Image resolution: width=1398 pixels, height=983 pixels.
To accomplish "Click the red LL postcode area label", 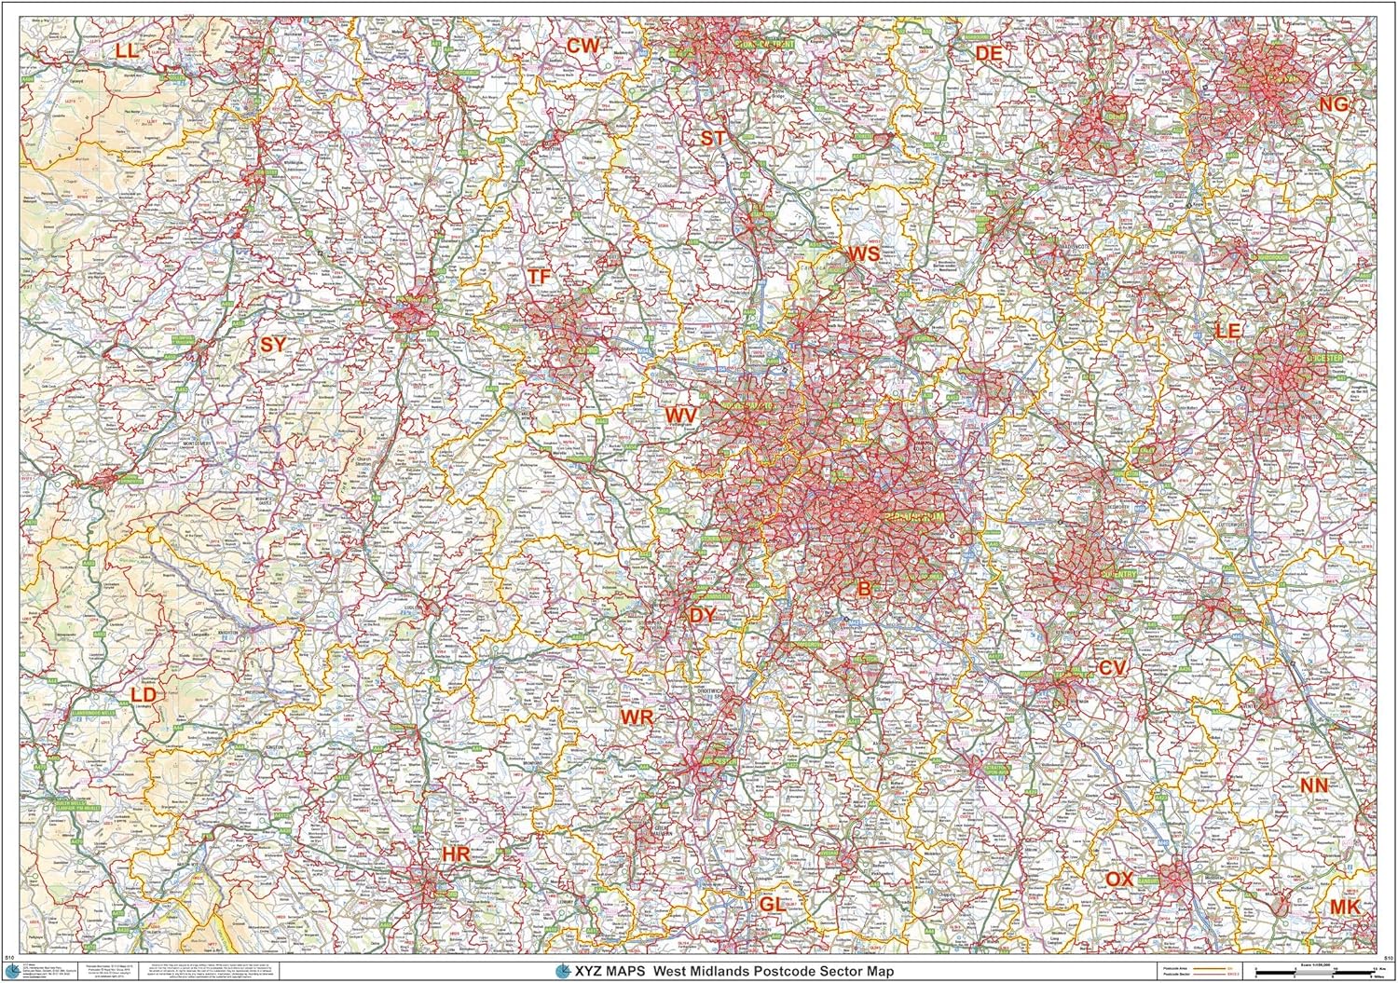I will [x=128, y=50].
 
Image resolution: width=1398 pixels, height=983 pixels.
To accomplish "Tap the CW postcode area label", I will [x=584, y=46].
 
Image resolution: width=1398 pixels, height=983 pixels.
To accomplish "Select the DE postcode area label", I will [x=988, y=54].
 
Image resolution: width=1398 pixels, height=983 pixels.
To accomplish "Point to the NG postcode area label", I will [x=1333, y=104].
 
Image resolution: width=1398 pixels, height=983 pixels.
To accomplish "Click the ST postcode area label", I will [x=713, y=138].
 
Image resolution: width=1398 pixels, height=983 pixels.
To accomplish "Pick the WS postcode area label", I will [x=863, y=253].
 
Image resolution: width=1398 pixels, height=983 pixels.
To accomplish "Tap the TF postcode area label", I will [x=539, y=277].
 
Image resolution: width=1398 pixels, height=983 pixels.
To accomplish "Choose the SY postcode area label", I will [x=272, y=345].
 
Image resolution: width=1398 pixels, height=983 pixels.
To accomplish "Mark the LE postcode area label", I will [x=1228, y=330].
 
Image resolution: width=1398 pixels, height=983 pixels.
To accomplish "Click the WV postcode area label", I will [x=680, y=414].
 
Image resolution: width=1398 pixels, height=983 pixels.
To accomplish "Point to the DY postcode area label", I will [x=703, y=615].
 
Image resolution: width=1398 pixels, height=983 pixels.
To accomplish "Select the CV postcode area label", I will [x=1113, y=668].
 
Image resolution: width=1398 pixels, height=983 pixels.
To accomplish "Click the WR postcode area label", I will [x=637, y=717].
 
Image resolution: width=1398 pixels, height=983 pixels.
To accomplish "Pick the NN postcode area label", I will [x=1314, y=785].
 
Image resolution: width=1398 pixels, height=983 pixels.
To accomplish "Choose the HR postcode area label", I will [x=456, y=853].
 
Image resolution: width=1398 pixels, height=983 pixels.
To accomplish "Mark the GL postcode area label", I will [x=773, y=904].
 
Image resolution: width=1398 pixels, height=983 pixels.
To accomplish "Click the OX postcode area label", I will [x=1119, y=879].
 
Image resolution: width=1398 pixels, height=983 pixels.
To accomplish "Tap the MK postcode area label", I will [x=1344, y=906].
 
